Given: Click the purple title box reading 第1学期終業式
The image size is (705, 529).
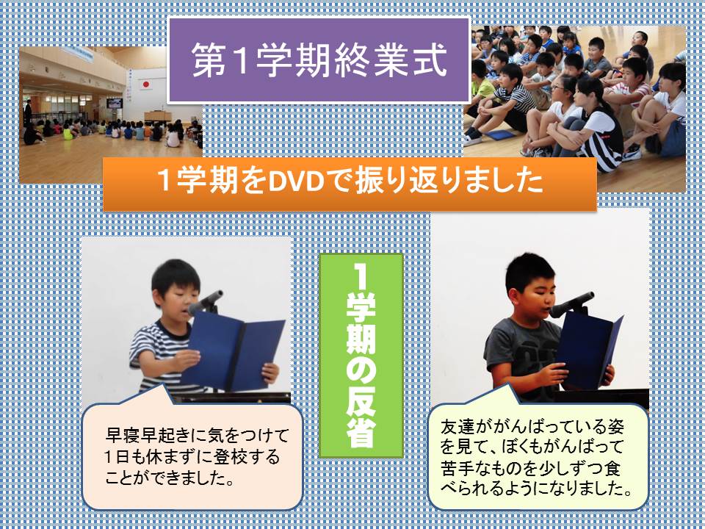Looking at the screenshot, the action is click(319, 61).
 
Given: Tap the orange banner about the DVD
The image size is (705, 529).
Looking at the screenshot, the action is click(350, 184).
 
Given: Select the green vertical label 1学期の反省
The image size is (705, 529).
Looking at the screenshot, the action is click(361, 356).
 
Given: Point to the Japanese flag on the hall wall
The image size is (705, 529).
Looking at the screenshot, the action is click(145, 84).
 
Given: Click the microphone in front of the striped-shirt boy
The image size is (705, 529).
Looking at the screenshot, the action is click(206, 302).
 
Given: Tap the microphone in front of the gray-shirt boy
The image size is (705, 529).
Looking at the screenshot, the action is click(571, 304).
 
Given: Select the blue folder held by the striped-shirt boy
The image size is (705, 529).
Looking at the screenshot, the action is click(233, 351).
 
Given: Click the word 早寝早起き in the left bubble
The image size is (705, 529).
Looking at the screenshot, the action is click(142, 436).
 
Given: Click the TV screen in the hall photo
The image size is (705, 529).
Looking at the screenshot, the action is click(115, 103).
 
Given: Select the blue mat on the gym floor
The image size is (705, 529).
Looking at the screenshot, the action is click(499, 134).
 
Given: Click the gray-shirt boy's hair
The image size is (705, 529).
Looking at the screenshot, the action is click(529, 272).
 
